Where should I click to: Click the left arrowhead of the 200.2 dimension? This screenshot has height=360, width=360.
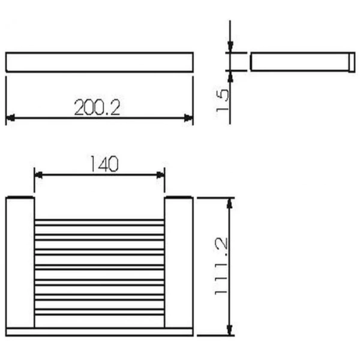pos(10,118)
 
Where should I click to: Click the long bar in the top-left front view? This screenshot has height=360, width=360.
pos(100,62)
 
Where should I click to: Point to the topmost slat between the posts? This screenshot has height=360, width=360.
pos(100,223)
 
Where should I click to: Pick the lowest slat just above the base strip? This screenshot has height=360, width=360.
pos(100,311)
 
